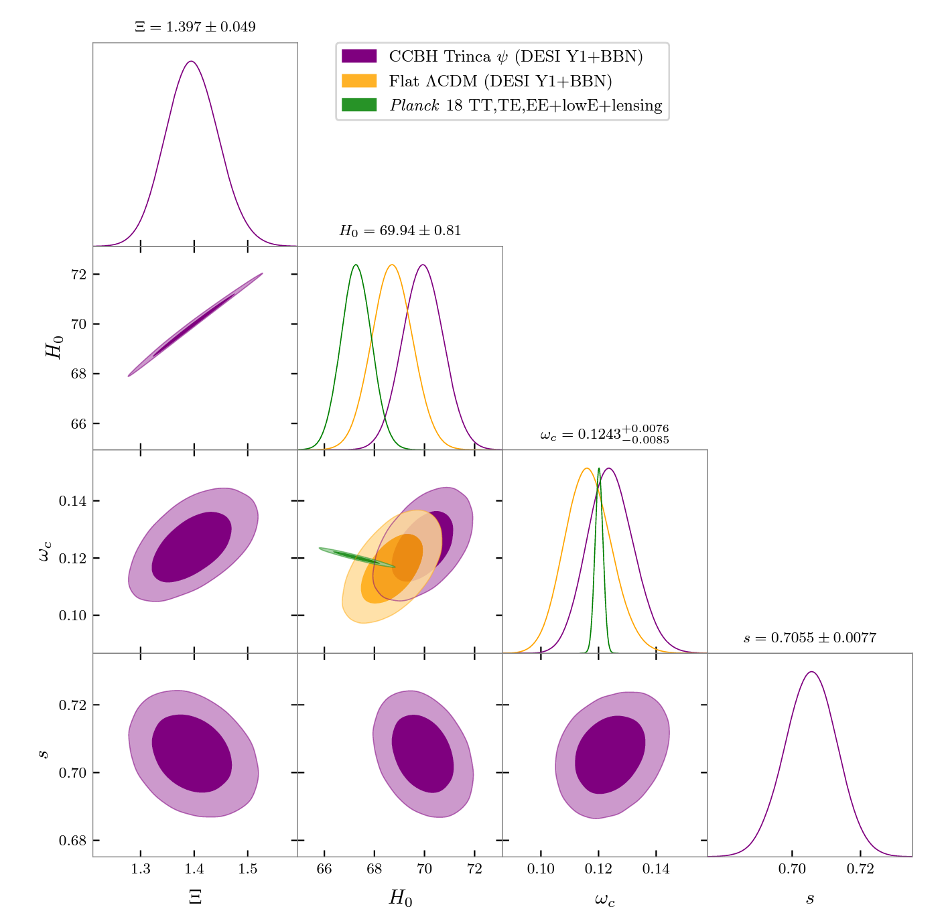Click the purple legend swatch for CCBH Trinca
pos(359,56)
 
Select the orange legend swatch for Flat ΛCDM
pos(359,81)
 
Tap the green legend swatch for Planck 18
pos(359,105)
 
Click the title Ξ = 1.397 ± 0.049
pos(195,27)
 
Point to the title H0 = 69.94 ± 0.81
pos(400,231)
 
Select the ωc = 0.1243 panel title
pos(604,434)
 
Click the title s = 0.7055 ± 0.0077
pos(809,638)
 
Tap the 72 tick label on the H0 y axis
pos(78,275)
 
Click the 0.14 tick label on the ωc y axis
pos(72,501)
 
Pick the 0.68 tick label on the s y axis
pos(72,840)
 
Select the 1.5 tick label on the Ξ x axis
pos(248,869)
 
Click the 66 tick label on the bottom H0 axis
pos(324,869)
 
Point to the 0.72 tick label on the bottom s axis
pos(860,869)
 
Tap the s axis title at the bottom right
pos(809,899)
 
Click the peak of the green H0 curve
pos(355,265)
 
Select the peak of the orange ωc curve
pos(587,468)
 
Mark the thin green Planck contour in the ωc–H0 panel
pos(355,557)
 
